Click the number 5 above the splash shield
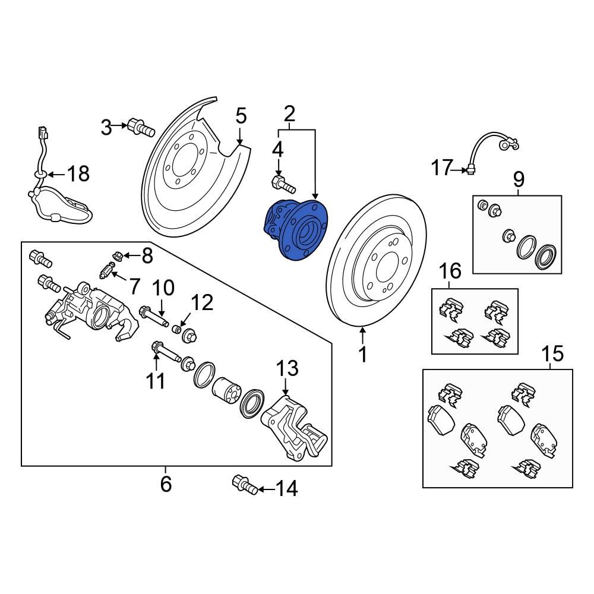[240, 116]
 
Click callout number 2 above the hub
[290, 112]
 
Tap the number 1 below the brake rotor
[362, 355]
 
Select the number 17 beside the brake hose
[443, 168]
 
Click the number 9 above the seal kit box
[519, 178]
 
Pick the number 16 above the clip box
[450, 271]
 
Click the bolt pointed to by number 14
[245, 484]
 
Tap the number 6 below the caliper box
[166, 484]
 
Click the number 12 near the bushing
[201, 304]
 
